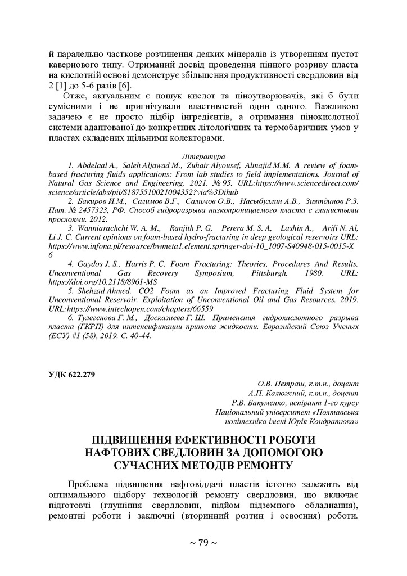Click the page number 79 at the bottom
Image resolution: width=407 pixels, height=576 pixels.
(x=203, y=543)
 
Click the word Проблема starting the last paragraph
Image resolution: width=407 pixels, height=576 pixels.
(x=88, y=484)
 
